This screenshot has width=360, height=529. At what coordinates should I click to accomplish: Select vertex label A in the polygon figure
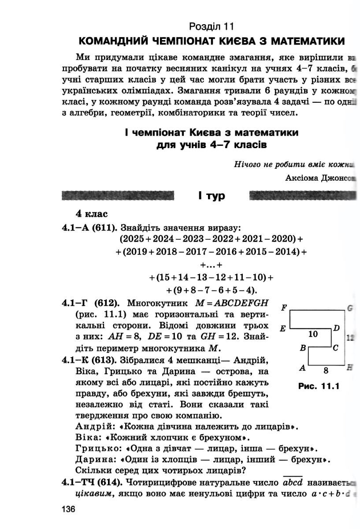(303, 367)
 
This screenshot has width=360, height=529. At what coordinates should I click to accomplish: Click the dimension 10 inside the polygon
(313, 334)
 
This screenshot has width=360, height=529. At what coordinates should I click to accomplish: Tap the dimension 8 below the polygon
(326, 370)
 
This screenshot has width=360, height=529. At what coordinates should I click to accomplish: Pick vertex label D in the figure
(337, 328)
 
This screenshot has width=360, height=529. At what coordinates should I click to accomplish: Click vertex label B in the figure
(303, 348)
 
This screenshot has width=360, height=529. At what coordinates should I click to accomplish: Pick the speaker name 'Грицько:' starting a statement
(95, 449)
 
